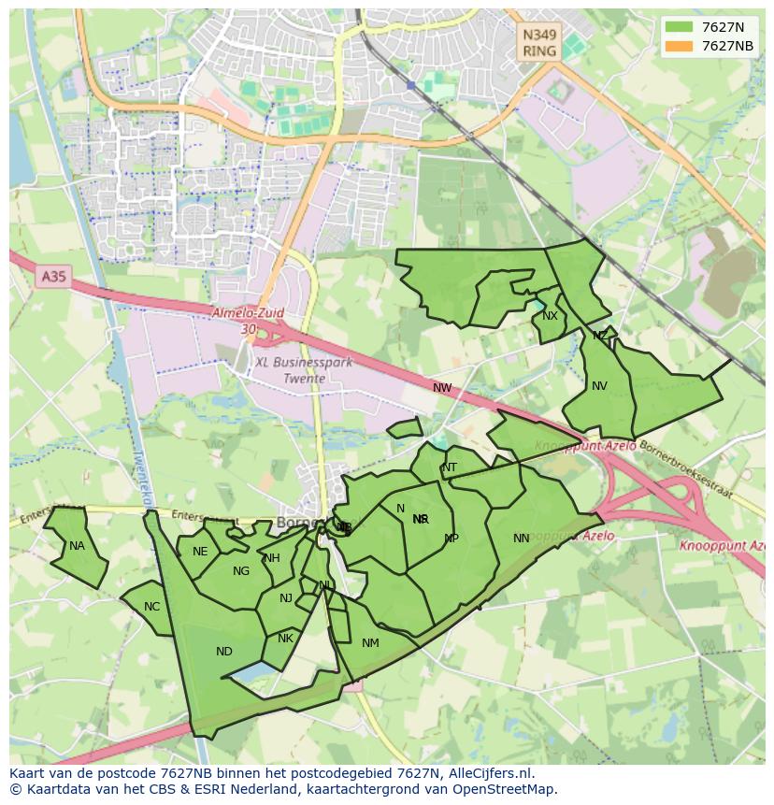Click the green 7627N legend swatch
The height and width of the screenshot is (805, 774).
click(x=679, y=26)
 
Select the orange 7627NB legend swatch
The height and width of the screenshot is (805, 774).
click(x=679, y=46)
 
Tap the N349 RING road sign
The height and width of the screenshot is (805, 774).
click(x=539, y=43)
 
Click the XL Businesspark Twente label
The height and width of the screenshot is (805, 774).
click(x=304, y=370)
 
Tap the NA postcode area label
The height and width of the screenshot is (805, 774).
click(x=77, y=546)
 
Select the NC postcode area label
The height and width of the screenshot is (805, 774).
click(x=151, y=607)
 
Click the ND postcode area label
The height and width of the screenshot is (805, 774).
click(x=223, y=652)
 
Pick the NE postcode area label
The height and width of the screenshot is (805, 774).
click(x=200, y=552)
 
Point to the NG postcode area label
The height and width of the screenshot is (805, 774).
click(x=241, y=571)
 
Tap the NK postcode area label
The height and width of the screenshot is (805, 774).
click(x=285, y=639)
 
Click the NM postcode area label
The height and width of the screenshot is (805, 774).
click(x=370, y=642)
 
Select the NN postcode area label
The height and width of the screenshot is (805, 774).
click(x=522, y=538)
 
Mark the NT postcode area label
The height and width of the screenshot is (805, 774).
click(x=450, y=467)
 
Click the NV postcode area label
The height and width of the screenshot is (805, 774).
click(x=599, y=385)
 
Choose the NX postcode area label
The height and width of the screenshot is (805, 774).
click(x=550, y=316)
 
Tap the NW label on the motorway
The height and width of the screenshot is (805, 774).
click(x=442, y=387)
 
